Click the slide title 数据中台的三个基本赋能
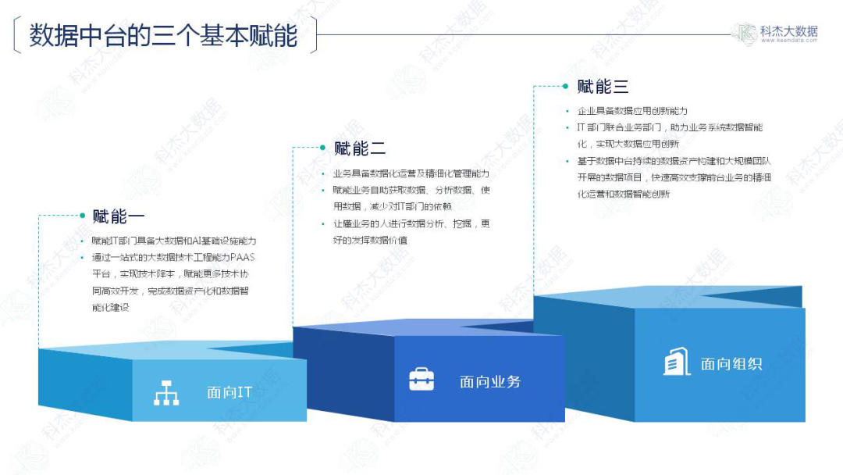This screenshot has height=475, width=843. (x=163, y=36)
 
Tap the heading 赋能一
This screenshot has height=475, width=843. (x=119, y=216)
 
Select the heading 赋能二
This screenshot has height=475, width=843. (x=360, y=148)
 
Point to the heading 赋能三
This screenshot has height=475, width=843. (x=603, y=87)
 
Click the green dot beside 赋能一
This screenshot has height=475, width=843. (x=81, y=215)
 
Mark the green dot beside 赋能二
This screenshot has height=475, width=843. (x=322, y=147)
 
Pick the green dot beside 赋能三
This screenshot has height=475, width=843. (x=564, y=85)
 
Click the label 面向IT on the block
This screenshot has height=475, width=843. (x=229, y=392)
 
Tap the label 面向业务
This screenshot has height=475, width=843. (x=490, y=381)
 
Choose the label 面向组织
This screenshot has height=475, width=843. (x=731, y=363)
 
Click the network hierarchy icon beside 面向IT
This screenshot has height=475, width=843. (x=166, y=392)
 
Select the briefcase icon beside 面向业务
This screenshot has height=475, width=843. (x=421, y=380)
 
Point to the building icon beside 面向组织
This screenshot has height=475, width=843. (x=677, y=362)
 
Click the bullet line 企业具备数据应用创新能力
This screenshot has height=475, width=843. (x=632, y=111)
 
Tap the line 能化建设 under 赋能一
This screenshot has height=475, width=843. (x=110, y=308)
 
